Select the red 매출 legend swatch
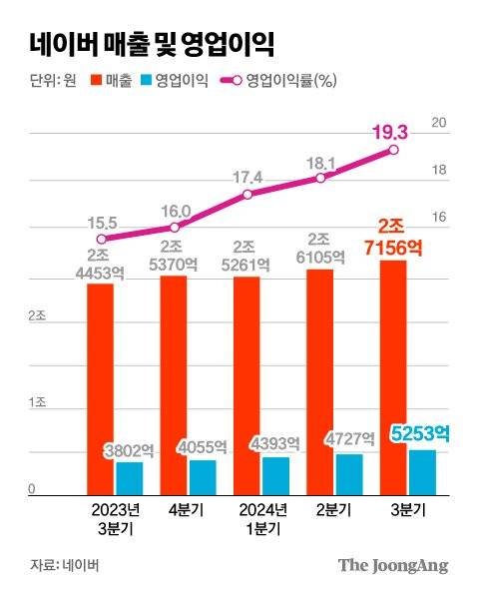pos(98,82)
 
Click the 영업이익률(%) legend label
pos(289,82)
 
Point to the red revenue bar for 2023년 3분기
pos(100,389)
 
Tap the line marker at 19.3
pos(393,150)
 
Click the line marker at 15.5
pos(101,239)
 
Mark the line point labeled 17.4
pos(246,194)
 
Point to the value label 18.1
pos(319,160)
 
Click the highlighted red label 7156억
pos(392,249)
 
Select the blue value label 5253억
pos(419,434)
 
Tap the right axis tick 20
pos(436,123)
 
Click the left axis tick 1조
pos(36,402)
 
